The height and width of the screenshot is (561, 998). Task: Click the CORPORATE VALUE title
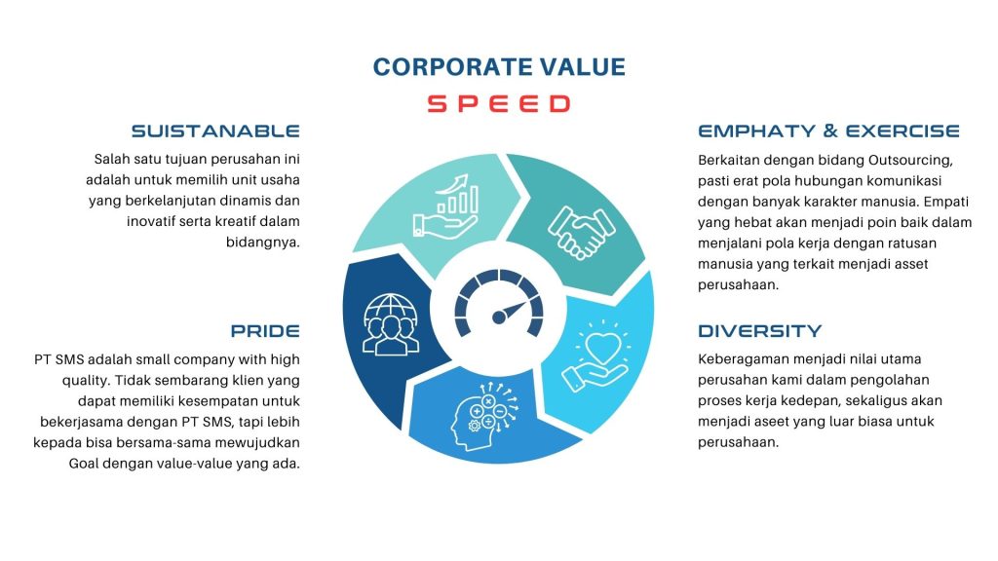tap(499, 67)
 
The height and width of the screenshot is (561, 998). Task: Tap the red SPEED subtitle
tap(498, 103)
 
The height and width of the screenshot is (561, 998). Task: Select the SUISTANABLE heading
tap(215, 131)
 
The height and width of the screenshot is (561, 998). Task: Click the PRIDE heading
tap(265, 331)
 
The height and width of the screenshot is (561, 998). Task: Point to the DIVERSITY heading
tap(760, 331)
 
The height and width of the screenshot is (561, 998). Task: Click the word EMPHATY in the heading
tap(756, 131)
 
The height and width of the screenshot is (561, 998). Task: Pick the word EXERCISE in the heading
tap(902, 131)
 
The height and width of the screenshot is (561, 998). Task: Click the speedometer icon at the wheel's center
tap(499, 303)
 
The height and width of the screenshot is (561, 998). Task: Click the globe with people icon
tap(391, 323)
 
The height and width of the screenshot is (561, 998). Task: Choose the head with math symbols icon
tap(485, 415)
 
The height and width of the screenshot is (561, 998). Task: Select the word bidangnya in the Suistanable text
tap(263, 243)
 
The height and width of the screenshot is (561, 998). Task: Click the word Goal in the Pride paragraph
tap(84, 463)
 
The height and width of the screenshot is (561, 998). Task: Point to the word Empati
tap(946, 203)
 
